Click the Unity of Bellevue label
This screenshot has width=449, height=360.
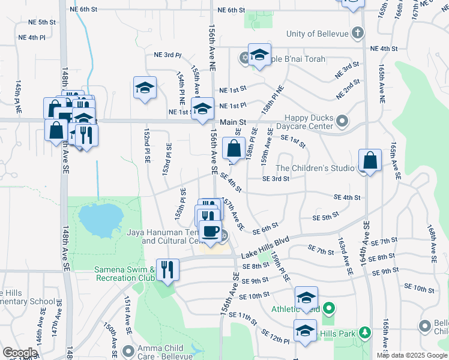pyautogui.click(x=318, y=33)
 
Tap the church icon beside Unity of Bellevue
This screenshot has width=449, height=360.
pyautogui.click(x=357, y=32)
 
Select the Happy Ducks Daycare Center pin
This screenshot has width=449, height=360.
pyautogui.click(x=342, y=122)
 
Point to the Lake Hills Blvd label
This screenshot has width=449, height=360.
pyautogui.click(x=265, y=248)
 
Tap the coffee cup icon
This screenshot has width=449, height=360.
pyautogui.click(x=210, y=231)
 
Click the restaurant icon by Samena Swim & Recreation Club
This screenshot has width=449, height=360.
pyautogui.click(x=167, y=269)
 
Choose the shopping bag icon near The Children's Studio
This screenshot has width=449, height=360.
pyautogui.click(x=370, y=160)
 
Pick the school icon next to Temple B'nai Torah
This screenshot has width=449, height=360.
pyautogui.click(x=259, y=56)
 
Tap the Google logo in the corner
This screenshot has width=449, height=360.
pyautogui.click(x=19, y=352)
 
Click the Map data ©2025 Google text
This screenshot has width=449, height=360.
pyautogui.click(x=412, y=355)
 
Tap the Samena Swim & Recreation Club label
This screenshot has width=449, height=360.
pyautogui.click(x=124, y=274)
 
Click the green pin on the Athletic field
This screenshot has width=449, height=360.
pyautogui.click(x=328, y=309)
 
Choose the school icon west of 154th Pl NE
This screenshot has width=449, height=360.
pyautogui.click(x=145, y=88)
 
